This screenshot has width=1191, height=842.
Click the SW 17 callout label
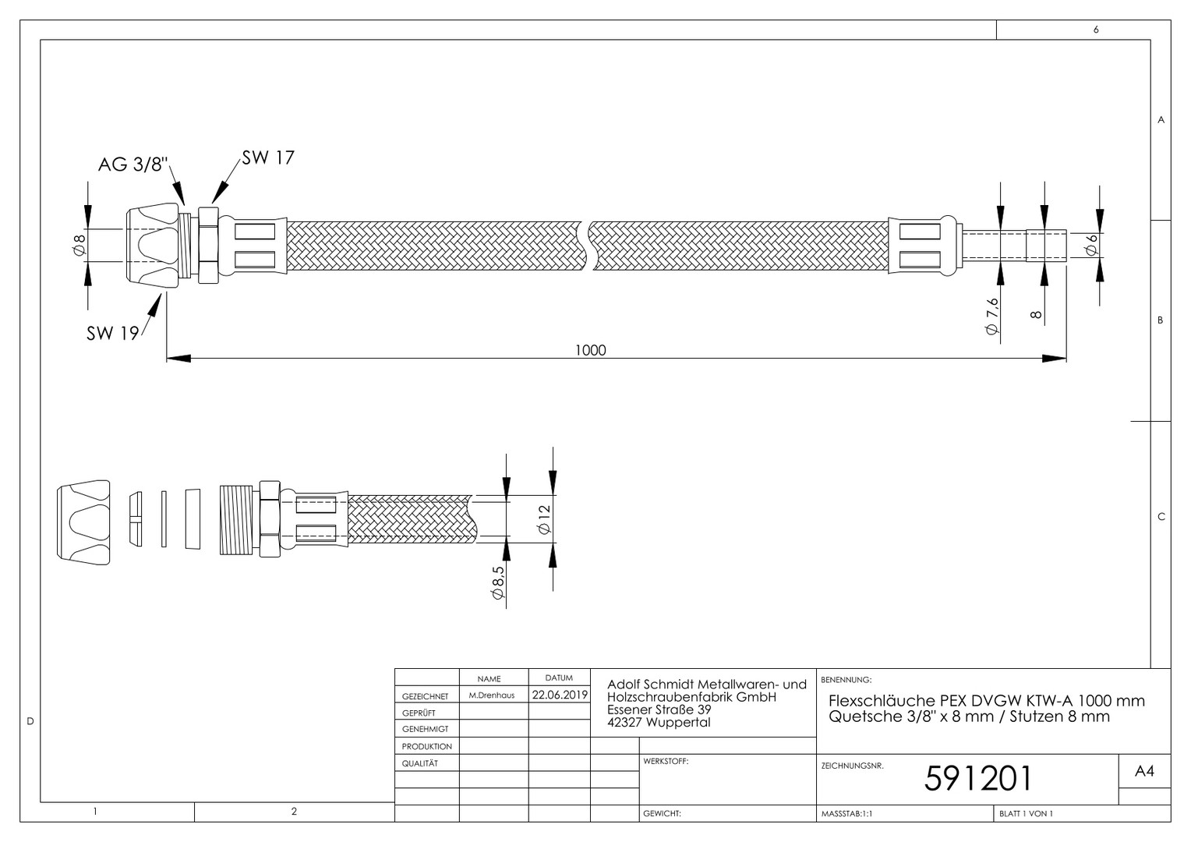coord(268,158)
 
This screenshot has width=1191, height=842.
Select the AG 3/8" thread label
coord(133,165)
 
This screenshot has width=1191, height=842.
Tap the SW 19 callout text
coord(113,334)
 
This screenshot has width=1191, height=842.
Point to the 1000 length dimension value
coord(590,350)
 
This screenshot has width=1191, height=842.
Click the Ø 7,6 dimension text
coord(992,317)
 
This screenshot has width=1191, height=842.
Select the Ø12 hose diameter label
coord(545,519)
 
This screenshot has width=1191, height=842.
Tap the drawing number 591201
coord(977,779)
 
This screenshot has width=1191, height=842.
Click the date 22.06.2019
coord(560,695)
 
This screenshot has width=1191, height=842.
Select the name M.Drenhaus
coord(491,695)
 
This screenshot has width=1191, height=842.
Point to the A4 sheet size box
coord(1144,771)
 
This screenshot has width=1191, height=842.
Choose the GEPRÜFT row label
coord(419,713)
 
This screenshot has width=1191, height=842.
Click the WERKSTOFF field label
coord(666,761)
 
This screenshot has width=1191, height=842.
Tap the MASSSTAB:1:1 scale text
coord(846,813)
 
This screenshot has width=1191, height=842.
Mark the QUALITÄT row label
coord(420,763)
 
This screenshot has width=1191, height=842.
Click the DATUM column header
coord(559,677)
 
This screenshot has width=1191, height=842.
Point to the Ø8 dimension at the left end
coord(80,246)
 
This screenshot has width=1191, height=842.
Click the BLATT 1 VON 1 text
coord(1027,813)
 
